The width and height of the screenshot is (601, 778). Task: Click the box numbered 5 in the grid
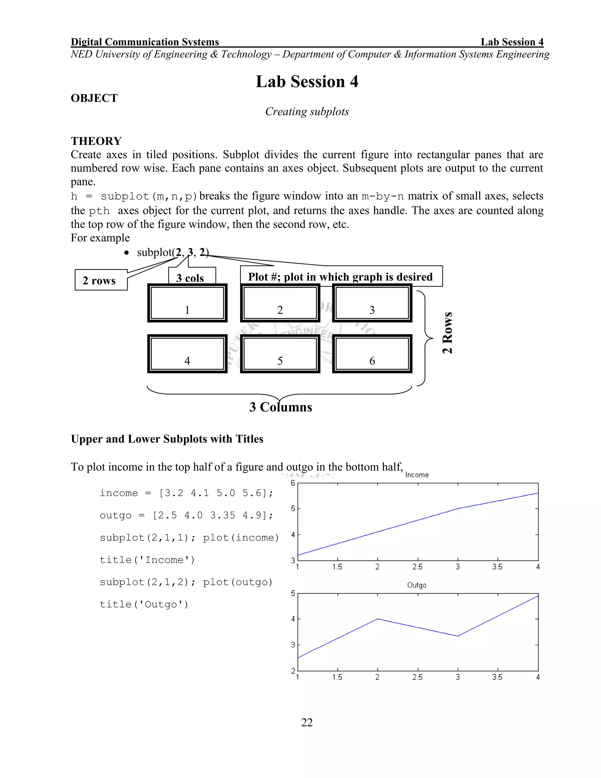pyautogui.click(x=280, y=353)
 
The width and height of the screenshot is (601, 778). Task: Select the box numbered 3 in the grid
pyautogui.click(x=372, y=303)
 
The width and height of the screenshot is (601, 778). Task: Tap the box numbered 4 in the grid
pyautogui.click(x=187, y=353)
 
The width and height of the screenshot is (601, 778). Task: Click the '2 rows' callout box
pyautogui.click(x=101, y=280)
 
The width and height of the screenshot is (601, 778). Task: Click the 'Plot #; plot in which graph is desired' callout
pyautogui.click(x=340, y=277)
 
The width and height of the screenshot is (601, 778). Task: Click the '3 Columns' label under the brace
pyautogui.click(x=281, y=407)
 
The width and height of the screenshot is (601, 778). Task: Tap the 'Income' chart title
pyautogui.click(x=417, y=475)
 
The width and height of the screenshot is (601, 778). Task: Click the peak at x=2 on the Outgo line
pyautogui.click(x=377, y=619)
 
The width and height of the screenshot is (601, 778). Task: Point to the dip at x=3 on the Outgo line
pyautogui.click(x=457, y=636)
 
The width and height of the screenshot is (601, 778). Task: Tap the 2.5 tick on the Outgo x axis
pyautogui.click(x=417, y=677)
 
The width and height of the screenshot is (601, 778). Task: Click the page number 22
pyautogui.click(x=307, y=723)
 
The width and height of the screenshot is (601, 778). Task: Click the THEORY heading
pyautogui.click(x=96, y=141)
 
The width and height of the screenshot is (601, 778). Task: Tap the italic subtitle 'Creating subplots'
pyautogui.click(x=307, y=112)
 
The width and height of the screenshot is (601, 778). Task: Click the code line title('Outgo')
pyautogui.click(x=144, y=604)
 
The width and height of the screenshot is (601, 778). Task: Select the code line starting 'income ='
pyautogui.click(x=186, y=493)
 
